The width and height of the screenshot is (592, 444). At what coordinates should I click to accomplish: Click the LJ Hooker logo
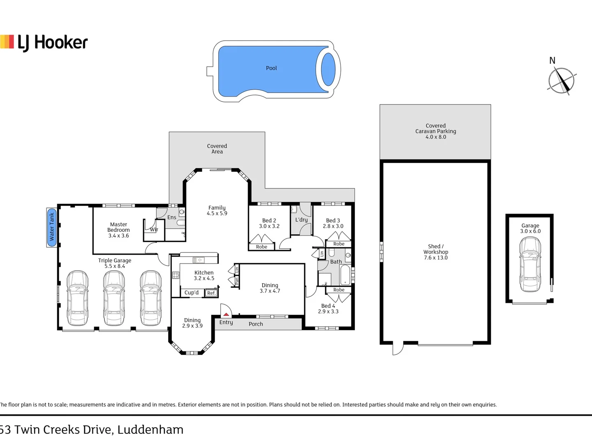(44, 43)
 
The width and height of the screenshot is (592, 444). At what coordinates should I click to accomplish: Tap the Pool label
(271, 68)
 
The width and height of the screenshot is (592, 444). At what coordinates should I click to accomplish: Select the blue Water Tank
(51, 227)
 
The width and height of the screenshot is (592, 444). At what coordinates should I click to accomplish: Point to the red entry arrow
(226, 314)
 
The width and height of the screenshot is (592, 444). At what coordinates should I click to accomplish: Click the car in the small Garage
(530, 264)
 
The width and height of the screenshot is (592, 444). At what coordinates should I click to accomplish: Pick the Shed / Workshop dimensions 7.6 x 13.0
(435, 258)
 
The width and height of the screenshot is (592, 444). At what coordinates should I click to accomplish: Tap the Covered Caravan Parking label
(435, 131)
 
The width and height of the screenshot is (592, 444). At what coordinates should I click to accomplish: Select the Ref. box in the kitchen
(211, 293)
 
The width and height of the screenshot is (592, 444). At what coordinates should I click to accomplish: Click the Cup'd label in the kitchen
(192, 292)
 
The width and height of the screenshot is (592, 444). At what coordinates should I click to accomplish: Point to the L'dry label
(301, 220)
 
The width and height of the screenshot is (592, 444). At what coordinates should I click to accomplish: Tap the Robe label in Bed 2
(261, 247)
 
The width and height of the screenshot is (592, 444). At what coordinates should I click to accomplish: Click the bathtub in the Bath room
(345, 275)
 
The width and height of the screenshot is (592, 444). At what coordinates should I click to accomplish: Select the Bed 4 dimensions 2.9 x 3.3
(328, 311)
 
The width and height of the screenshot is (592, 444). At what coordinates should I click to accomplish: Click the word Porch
(256, 324)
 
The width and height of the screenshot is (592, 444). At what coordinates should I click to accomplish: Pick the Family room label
(217, 210)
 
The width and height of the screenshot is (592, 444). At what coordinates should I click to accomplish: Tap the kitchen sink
(199, 260)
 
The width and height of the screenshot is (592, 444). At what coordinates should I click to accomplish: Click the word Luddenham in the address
(150, 430)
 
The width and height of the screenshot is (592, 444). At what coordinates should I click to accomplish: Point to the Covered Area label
(217, 149)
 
